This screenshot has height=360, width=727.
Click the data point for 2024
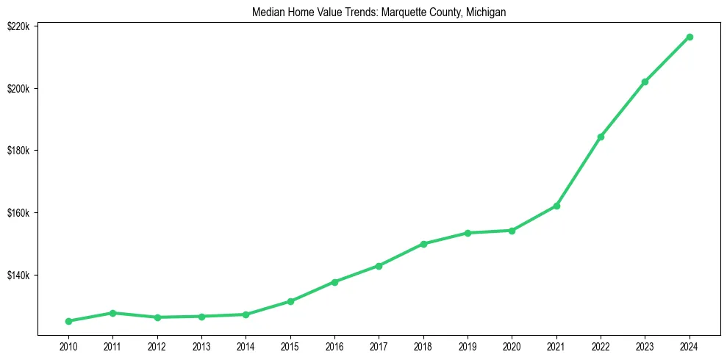pos(690,37)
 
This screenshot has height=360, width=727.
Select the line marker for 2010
pos(68,321)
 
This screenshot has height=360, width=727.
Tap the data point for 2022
pos(601,137)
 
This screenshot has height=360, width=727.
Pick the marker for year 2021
pos(556,206)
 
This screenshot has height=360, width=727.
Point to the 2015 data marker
pos(290,301)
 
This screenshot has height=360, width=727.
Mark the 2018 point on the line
pos(423,244)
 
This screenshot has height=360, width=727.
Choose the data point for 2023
pos(645,82)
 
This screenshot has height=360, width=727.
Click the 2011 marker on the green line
pos(112,313)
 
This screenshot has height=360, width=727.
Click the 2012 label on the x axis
pos(157,345)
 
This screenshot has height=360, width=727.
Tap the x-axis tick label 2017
pos(379,345)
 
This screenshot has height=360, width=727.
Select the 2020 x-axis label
pos(512,345)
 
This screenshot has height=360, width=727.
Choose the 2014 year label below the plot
pos(246,345)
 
